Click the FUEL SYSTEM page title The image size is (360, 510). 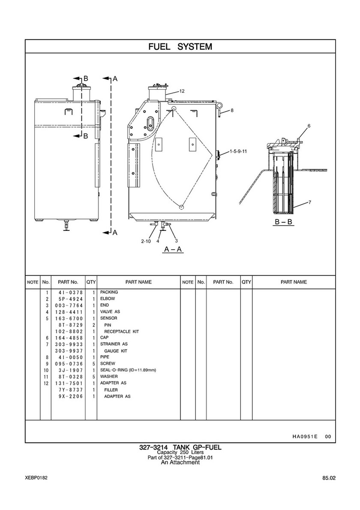(x=180, y=46)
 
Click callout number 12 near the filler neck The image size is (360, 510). (x=182, y=91)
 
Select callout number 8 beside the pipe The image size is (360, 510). (x=232, y=110)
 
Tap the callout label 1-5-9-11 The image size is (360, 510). (x=238, y=151)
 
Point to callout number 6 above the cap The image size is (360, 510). (x=309, y=126)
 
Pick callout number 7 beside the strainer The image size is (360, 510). (x=309, y=202)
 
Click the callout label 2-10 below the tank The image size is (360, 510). (x=146, y=241)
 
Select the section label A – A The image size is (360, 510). (x=173, y=249)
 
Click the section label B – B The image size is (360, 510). (x=283, y=222)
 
